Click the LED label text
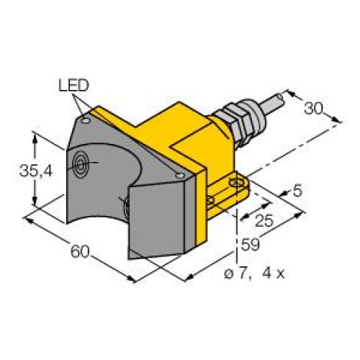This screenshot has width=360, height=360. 73,86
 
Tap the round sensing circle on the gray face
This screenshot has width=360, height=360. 79,166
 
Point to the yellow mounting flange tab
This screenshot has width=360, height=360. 227,194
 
